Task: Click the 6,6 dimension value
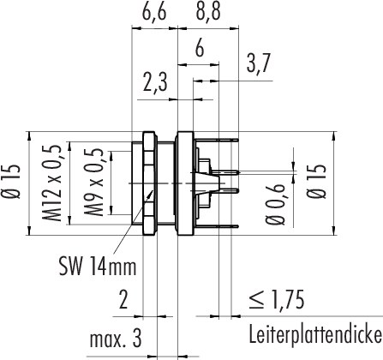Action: coord(154,12)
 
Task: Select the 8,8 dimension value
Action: coord(208,12)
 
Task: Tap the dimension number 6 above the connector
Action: coord(200,48)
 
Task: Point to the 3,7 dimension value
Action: coord(258,64)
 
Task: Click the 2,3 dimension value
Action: coord(154,82)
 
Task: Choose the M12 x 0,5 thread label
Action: coord(53,183)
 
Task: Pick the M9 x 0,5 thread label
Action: coord(95,183)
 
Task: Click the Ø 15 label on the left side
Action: coord(14,182)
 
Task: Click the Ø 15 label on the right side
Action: coord(317,182)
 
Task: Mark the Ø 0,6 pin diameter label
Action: coord(276,205)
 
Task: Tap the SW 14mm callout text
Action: coord(98,267)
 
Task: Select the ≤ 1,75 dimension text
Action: coord(276,300)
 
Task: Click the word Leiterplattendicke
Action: coord(315,334)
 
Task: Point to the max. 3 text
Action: coord(116,339)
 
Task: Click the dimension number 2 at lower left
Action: coord(123,300)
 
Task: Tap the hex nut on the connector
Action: coord(150,183)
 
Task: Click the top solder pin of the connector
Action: coord(217,140)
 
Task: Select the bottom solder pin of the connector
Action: coord(217,226)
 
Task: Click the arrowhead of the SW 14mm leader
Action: coord(153,192)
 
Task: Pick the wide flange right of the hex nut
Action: coord(185,183)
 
